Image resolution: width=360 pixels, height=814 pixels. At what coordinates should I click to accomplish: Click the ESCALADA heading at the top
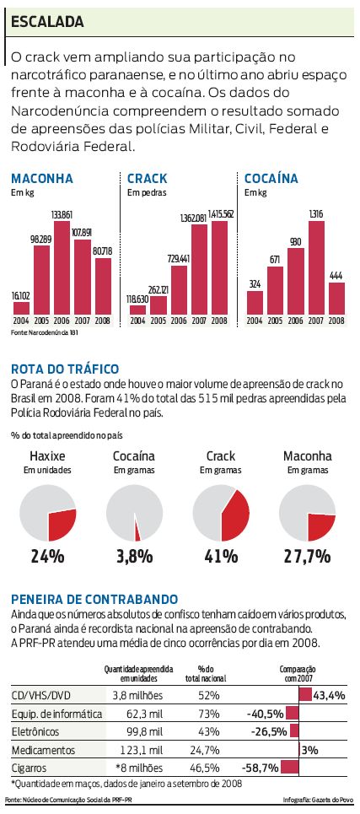tap(47, 19)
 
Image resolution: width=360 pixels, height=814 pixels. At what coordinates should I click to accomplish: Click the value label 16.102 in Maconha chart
tap(21, 296)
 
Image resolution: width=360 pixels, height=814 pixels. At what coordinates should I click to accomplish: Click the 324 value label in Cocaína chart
tap(255, 283)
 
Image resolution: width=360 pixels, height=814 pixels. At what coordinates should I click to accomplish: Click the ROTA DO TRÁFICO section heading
tap(65, 369)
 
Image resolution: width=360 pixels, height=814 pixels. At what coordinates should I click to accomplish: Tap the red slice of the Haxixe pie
tap(62, 525)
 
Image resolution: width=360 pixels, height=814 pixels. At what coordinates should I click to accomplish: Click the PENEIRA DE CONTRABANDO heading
tap(94, 597)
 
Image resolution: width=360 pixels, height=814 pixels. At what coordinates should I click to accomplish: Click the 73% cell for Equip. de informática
tap(207, 714)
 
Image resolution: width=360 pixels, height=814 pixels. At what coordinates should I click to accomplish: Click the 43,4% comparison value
tap(329, 695)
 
